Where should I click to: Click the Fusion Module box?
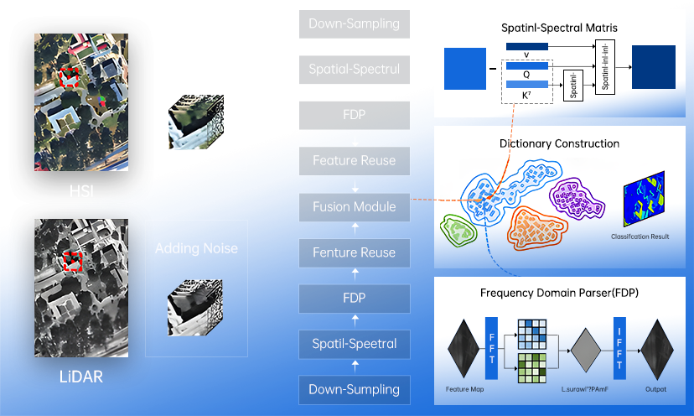(x=355, y=206)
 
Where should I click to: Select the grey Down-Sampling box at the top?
(x=355, y=23)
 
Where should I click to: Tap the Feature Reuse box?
(x=355, y=160)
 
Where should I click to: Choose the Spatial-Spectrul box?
(x=355, y=69)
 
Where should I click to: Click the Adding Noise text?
(x=196, y=248)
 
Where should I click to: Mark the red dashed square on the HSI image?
(x=70, y=78)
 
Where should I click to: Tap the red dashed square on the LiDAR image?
(x=73, y=261)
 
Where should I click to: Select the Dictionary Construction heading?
(x=559, y=143)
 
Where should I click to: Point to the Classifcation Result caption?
(x=640, y=237)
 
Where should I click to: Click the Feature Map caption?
(x=463, y=390)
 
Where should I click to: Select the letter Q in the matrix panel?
(x=526, y=72)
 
